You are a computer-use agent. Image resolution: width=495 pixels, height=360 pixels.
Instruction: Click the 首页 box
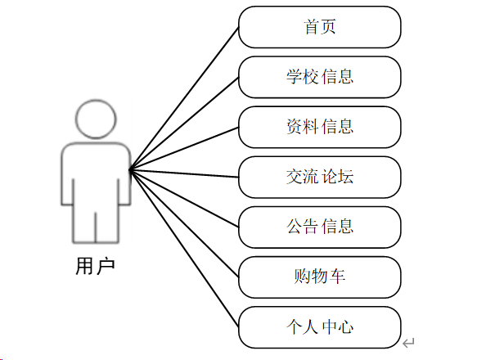pos(320,27)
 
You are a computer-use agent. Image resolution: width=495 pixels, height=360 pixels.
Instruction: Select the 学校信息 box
pos(320,77)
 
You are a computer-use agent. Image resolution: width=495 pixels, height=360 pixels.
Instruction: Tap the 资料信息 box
pos(320,127)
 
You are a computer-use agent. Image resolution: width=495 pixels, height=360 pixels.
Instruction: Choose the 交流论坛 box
pos(320,177)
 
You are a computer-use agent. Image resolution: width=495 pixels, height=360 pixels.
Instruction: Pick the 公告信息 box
pos(320,227)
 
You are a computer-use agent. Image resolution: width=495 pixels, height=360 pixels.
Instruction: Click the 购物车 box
pos(320,277)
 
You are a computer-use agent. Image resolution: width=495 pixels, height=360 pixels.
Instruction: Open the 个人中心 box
pos(320,326)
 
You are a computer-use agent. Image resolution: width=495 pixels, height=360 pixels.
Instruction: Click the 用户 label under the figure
pos(95,267)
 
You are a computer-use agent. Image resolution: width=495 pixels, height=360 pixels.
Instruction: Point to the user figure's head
pos(97,119)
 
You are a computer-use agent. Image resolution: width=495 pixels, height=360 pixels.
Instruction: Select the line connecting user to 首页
pos(185,97)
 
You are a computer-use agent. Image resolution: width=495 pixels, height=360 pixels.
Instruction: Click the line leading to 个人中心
pos(185,249)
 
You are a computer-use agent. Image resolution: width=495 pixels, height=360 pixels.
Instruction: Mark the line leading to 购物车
pos(185,223)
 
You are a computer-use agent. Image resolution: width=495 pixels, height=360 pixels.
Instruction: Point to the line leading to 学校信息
pos(185,123)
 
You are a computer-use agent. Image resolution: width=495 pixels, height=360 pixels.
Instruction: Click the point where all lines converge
pos(131,170)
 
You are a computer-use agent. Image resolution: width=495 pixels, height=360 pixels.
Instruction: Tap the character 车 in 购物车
pos(337,277)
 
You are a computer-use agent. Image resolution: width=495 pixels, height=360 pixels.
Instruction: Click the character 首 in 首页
pos(312,27)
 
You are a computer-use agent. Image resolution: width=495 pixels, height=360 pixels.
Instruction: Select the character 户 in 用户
pos(106,267)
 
